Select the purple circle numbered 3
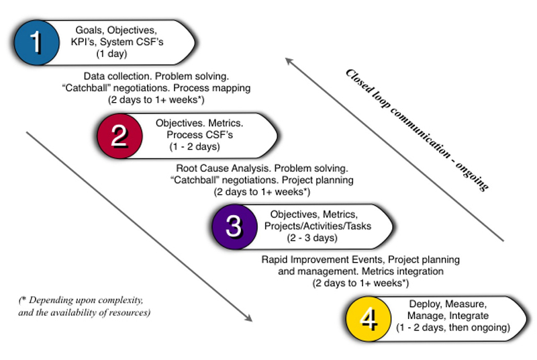[x=234, y=226]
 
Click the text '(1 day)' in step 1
[x=122, y=54]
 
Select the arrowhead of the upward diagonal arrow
[x=289, y=61]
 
